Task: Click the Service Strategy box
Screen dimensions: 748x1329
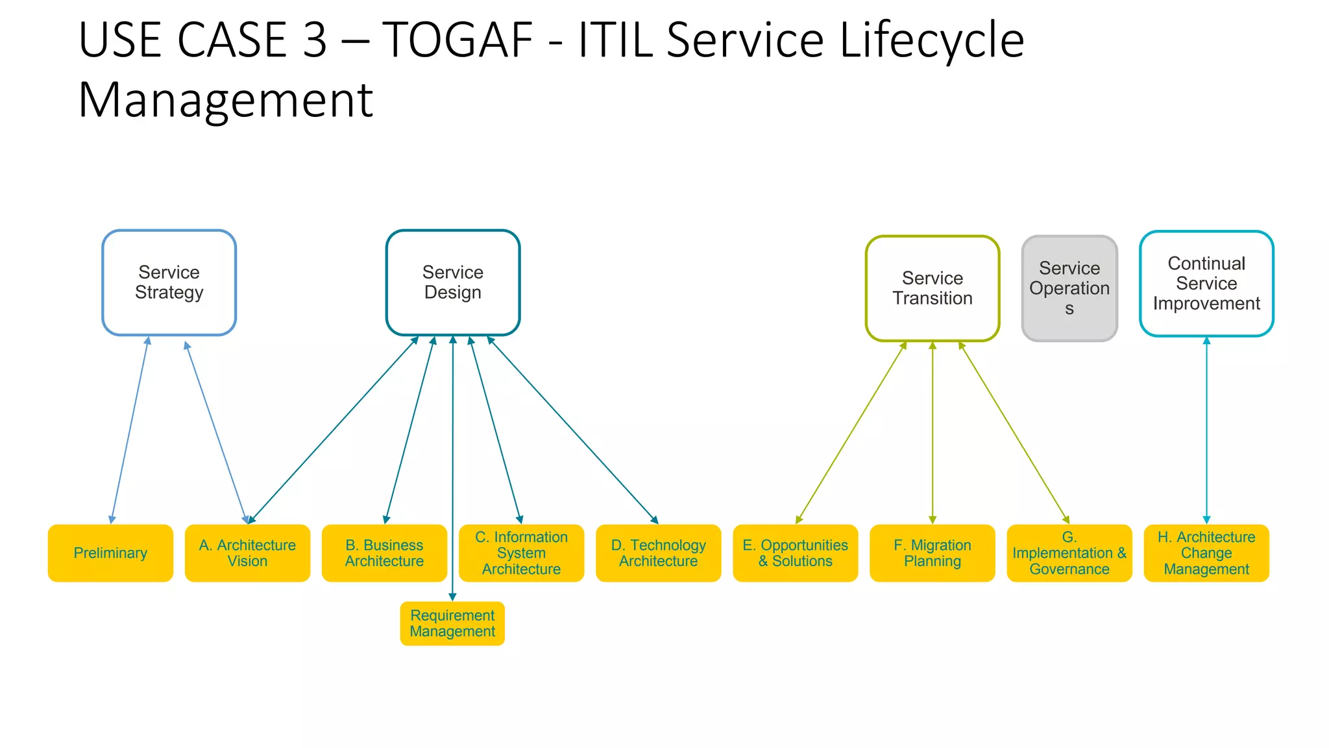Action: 169,282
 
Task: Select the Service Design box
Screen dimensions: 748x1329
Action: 452,282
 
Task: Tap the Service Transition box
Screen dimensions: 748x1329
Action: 932,288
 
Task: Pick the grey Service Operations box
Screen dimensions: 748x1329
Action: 1069,288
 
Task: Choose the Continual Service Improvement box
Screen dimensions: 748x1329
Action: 1206,284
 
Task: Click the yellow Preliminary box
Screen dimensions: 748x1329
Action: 110,553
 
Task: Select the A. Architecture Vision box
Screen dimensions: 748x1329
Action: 247,553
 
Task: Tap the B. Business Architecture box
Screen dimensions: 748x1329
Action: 384,553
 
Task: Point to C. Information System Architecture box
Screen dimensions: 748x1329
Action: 521,553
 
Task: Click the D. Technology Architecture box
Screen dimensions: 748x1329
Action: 658,553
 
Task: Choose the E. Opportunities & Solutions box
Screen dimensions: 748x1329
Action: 795,553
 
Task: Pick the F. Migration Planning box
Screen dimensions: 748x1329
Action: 932,553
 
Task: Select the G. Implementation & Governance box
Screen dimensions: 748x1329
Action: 1069,553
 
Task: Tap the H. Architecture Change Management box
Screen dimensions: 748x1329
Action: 1206,553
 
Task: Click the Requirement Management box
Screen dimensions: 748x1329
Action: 452,623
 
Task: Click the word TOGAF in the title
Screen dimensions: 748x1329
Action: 457,40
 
